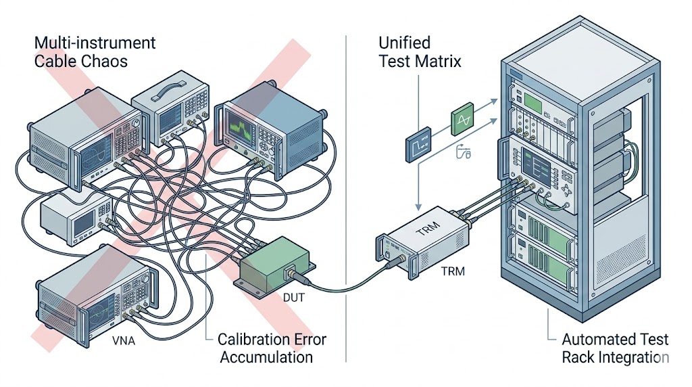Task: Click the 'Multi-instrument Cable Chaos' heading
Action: (95, 52)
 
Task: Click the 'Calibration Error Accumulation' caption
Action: (266, 348)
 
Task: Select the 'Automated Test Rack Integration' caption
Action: (615, 348)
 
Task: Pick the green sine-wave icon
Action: (462, 122)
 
